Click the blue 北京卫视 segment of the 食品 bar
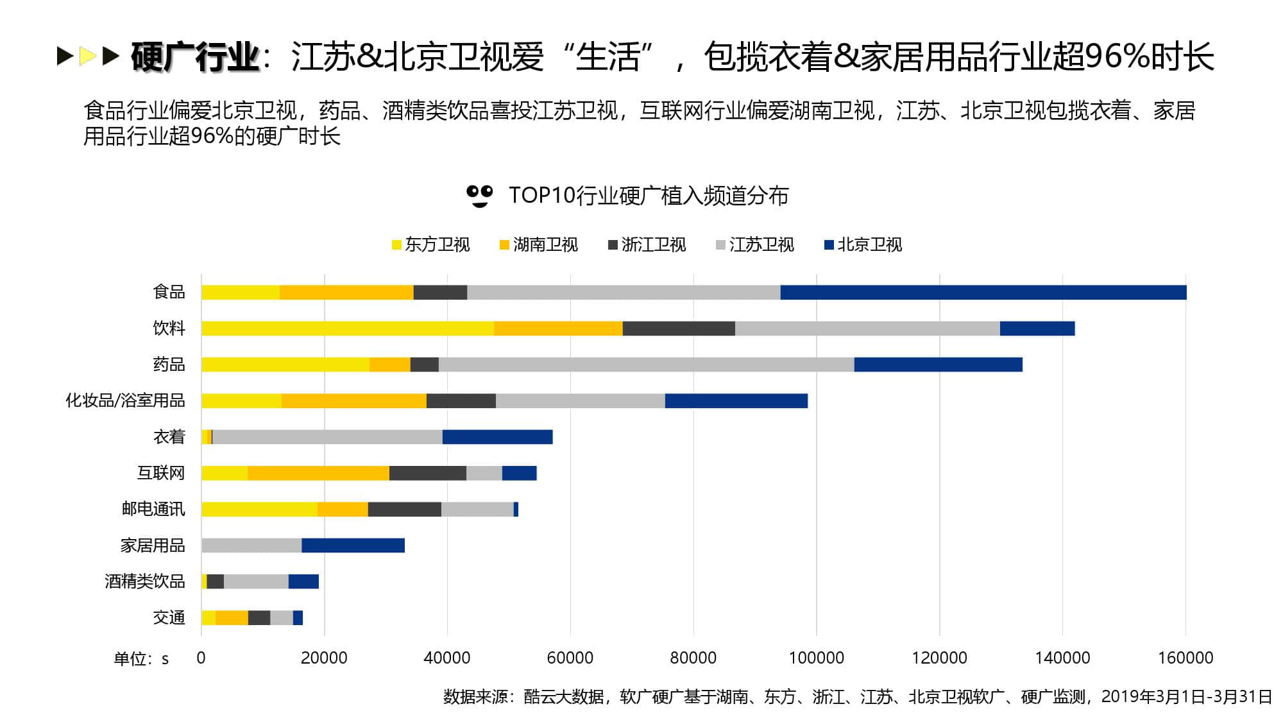tap(983, 292)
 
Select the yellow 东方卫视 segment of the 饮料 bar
tap(347, 329)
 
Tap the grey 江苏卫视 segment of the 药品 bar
tap(646, 365)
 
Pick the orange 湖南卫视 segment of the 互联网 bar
tap(318, 473)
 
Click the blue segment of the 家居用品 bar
tap(353, 546)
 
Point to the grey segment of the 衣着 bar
tap(327, 437)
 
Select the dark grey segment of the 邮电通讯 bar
tap(404, 510)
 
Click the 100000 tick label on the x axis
tap(816, 658)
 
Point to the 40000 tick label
tap(447, 658)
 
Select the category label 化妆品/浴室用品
tap(125, 400)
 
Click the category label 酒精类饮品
tap(144, 581)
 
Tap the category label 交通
tap(169, 617)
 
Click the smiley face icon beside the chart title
tap(479, 196)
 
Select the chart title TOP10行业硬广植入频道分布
tap(648, 196)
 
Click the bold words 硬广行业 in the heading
tap(195, 56)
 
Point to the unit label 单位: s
tap(141, 659)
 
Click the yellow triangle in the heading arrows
tap(87, 56)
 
